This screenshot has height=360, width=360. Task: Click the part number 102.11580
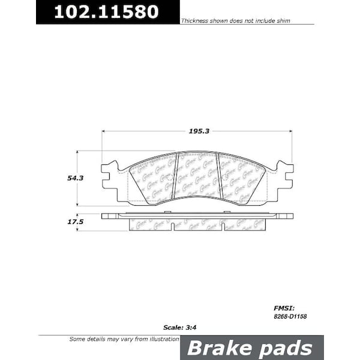click(107, 12)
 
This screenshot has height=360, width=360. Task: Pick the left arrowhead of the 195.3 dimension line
click(104, 131)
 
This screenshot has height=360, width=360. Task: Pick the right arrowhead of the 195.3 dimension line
click(290, 131)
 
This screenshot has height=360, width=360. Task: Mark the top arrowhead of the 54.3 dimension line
click(77, 152)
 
